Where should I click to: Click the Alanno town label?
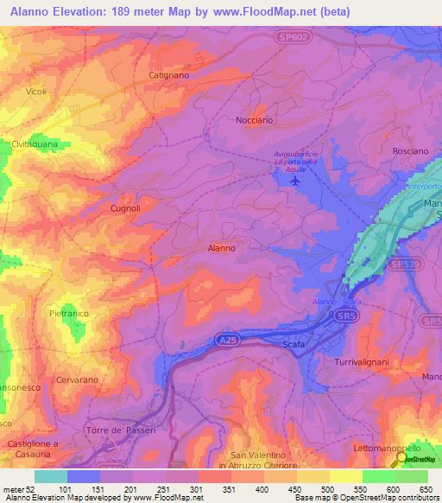pyautogui.click(x=222, y=248)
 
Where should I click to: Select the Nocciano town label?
pyautogui.click(x=256, y=121)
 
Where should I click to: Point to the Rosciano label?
pyautogui.click(x=410, y=150)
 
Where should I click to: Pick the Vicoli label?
pyautogui.click(x=36, y=92)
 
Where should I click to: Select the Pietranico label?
pyautogui.click(x=70, y=313)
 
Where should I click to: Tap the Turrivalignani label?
pyautogui.click(x=363, y=364)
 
